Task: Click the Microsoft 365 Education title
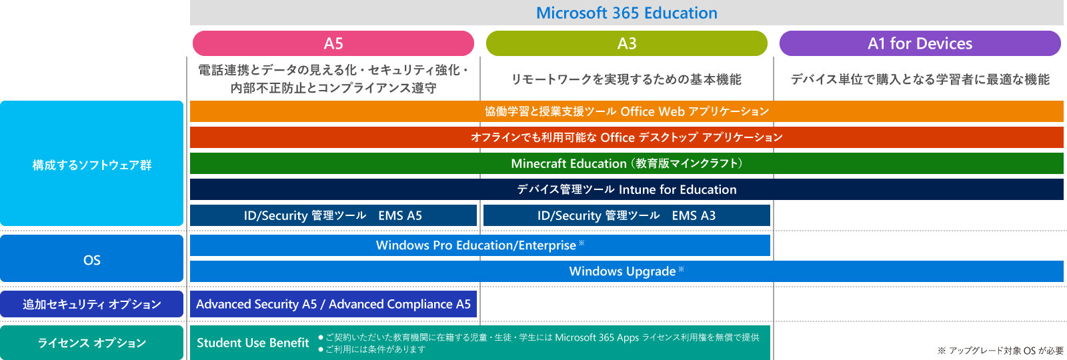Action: click(x=626, y=13)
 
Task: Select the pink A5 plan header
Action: click(x=333, y=43)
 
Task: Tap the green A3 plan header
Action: click(x=626, y=43)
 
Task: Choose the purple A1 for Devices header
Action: click(x=920, y=43)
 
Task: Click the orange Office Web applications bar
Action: click(x=626, y=111)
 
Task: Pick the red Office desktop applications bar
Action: click(x=626, y=137)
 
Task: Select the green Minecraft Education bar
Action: click(x=626, y=163)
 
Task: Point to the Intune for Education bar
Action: click(x=626, y=189)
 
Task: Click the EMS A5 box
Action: click(x=333, y=215)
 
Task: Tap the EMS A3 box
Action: click(x=626, y=215)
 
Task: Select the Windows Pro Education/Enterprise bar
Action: click(x=479, y=245)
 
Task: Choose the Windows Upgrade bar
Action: click(x=626, y=271)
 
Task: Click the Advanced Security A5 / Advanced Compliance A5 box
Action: click(x=333, y=304)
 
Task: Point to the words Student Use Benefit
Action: click(x=253, y=343)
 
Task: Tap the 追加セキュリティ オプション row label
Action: click(x=91, y=304)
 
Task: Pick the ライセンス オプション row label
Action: click(x=91, y=343)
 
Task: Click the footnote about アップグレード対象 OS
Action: click(x=1000, y=351)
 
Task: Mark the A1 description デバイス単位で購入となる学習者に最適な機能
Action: click(x=920, y=79)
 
